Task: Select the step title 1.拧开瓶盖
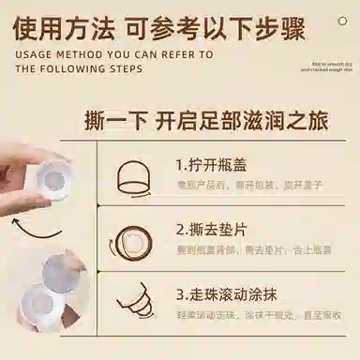pyautogui.click(x=211, y=164)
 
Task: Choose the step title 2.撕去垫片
pyautogui.click(x=211, y=228)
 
